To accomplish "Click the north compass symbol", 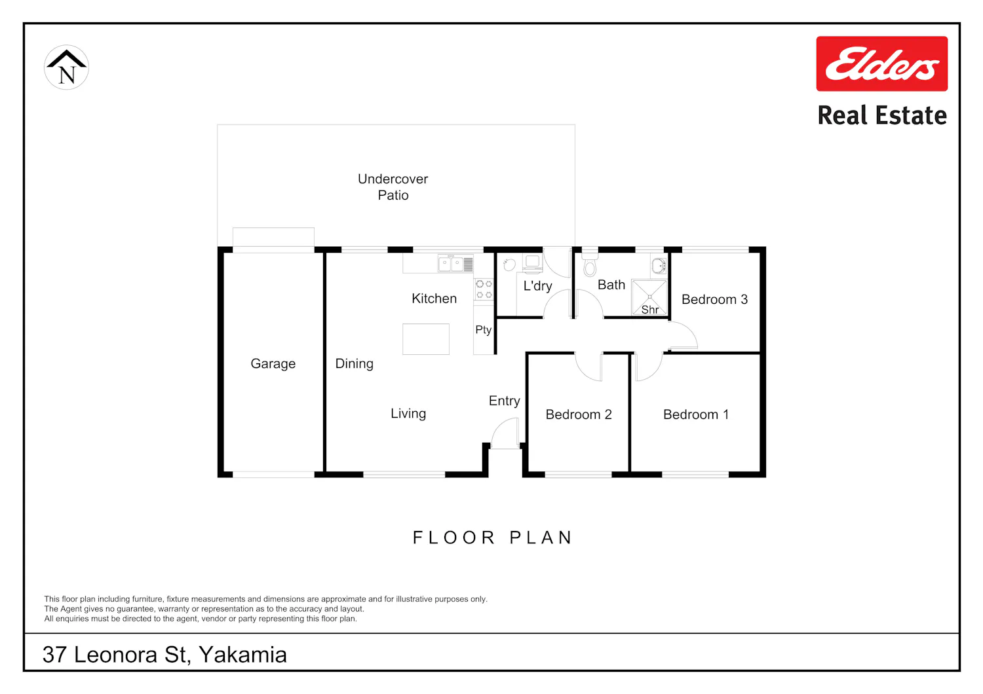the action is (66, 67).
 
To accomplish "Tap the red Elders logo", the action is (881, 64).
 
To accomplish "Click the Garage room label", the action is (273, 363).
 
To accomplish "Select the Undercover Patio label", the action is (393, 187).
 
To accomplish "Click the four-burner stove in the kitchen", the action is (484, 289).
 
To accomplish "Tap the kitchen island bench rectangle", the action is (426, 339).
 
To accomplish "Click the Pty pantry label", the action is (483, 330).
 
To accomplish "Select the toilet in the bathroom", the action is (590, 264).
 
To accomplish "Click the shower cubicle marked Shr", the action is (649, 297).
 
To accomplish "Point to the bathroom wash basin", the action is (659, 265).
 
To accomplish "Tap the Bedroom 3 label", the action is (714, 299).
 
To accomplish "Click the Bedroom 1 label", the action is (696, 414).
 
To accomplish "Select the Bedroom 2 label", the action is (579, 414).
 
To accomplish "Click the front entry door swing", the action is (505, 433).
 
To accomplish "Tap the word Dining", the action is (354, 363).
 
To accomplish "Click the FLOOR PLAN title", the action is (492, 538).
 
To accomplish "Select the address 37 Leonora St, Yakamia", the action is (164, 655).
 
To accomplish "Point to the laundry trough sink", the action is (509, 265).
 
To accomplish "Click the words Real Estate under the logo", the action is (882, 115).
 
